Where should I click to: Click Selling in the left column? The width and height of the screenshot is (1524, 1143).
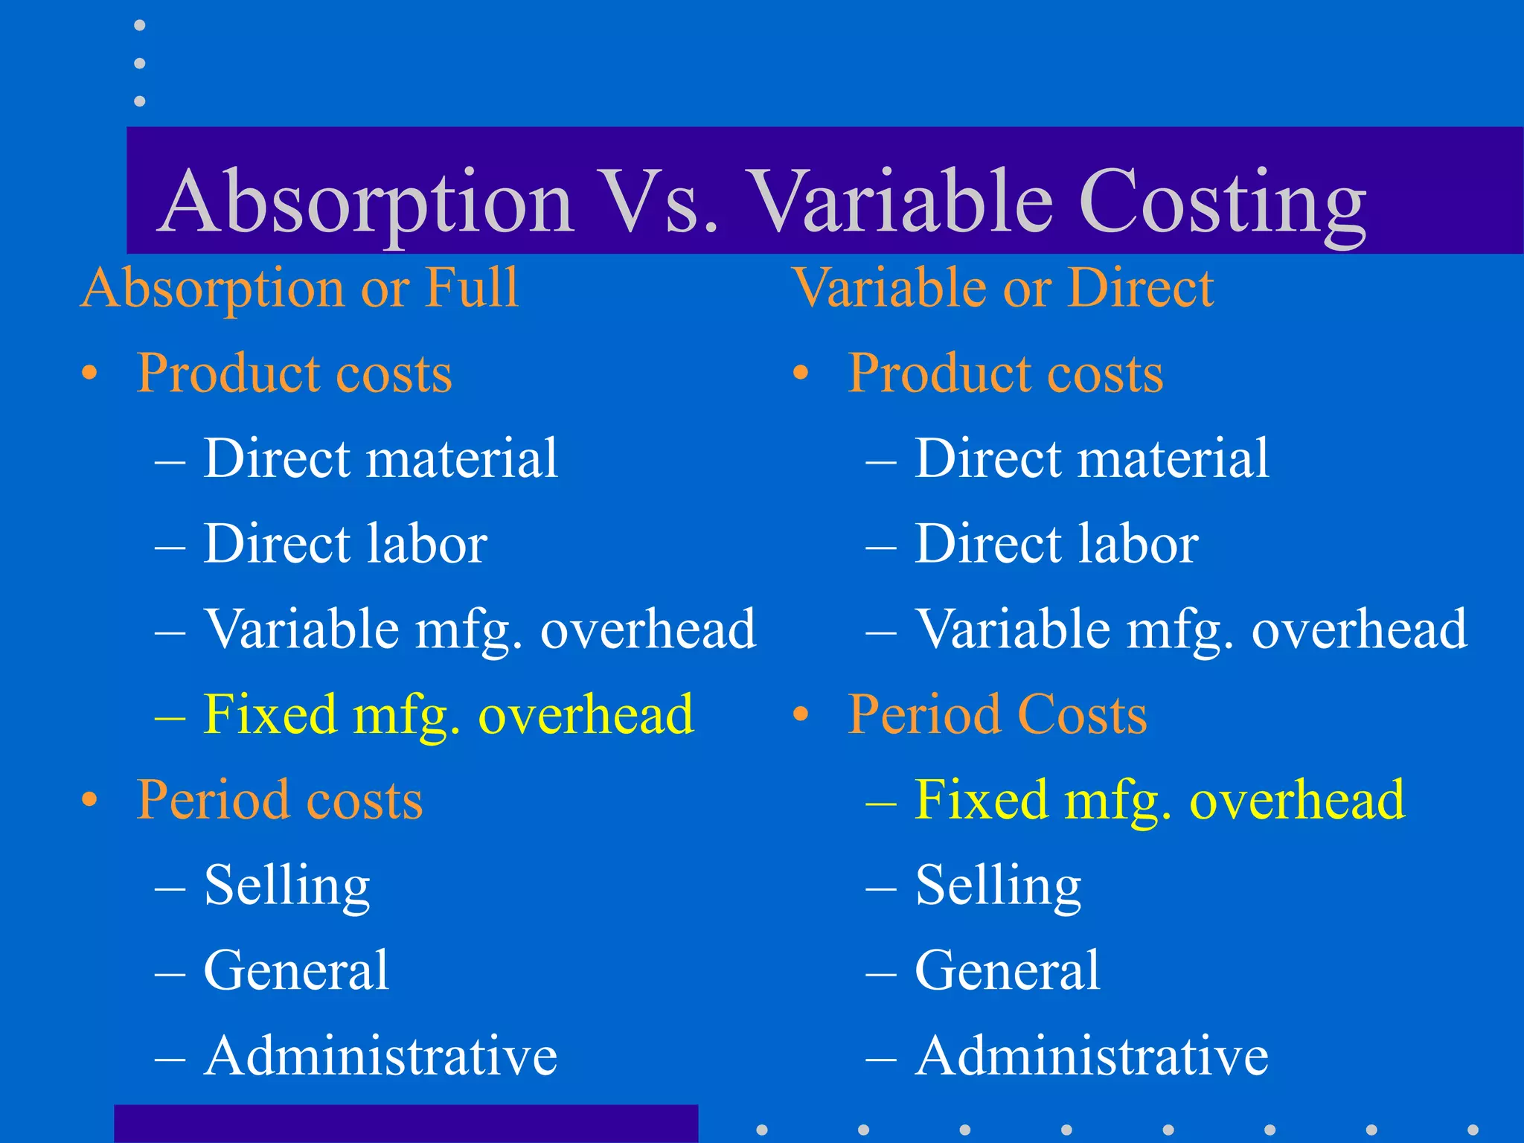(287, 886)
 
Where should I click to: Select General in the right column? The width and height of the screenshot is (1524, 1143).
(1007, 970)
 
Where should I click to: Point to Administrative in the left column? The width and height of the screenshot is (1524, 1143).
(380, 1056)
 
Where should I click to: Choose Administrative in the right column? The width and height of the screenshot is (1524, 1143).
(1092, 1056)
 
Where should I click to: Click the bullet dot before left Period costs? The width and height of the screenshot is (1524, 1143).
(90, 801)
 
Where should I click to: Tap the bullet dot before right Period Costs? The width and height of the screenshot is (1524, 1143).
(801, 715)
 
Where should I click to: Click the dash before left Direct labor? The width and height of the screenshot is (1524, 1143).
(170, 545)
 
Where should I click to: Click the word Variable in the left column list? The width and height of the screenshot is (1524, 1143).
(302, 629)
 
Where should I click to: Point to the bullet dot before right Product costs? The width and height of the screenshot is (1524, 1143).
(801, 374)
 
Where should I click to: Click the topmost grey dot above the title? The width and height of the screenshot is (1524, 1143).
(139, 25)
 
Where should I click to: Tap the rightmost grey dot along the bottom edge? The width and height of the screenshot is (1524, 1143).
(1473, 1130)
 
